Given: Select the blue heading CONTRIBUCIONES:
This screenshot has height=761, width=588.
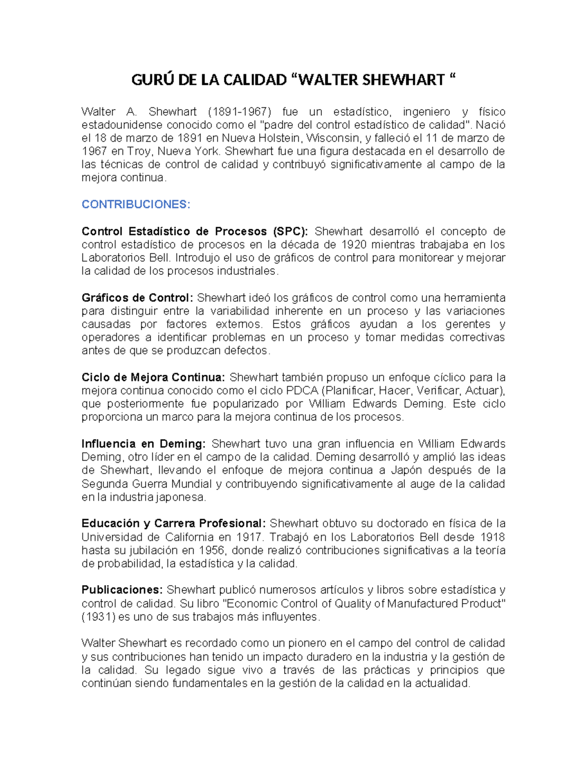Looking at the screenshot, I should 136,204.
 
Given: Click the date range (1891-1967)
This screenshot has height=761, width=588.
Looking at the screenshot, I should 235,112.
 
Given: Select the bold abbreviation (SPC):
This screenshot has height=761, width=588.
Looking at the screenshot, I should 290,231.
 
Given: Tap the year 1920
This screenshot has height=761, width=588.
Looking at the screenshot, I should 354,245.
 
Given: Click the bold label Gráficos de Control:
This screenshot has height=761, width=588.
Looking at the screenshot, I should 138,298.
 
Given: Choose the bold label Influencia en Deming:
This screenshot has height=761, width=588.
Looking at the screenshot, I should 144,444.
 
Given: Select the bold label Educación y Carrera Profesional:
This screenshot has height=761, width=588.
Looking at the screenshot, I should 174,523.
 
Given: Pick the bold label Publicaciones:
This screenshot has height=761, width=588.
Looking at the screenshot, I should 122,589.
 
